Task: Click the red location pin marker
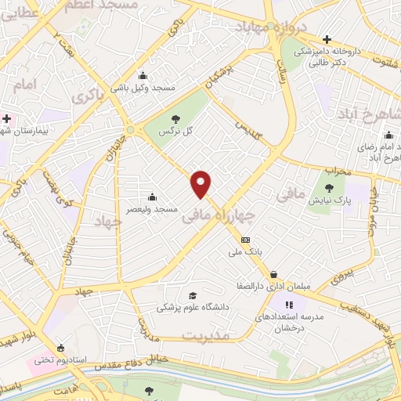pos(202,183)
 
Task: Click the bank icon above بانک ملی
pos(246,240)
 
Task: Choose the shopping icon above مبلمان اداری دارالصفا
pos(273,274)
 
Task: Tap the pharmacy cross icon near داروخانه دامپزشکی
pos(327,38)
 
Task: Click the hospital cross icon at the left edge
pos(7,118)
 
